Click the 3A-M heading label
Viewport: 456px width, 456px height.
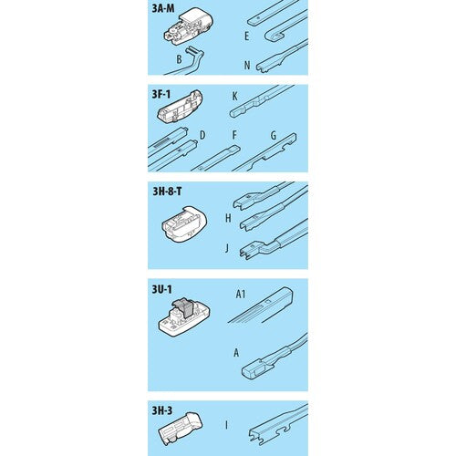[163, 8]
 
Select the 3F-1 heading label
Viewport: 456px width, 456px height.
[161, 94]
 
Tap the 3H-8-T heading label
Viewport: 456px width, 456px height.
[167, 192]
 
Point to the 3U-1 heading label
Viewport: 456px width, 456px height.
[161, 289]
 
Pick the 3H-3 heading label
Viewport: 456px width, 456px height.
[162, 410]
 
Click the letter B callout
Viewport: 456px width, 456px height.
[179, 59]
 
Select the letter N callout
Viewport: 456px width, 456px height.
[247, 65]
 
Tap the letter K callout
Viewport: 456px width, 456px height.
[234, 97]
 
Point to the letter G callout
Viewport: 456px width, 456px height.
[274, 136]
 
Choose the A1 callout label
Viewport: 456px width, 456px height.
[241, 294]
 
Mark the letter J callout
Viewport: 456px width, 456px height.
[227, 248]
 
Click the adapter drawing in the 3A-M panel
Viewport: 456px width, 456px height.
[189, 26]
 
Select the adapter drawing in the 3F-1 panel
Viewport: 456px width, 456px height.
[180, 106]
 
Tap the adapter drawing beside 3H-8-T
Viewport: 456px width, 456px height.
[184, 224]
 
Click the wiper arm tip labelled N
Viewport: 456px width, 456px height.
[282, 57]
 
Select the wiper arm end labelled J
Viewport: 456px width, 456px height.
[274, 240]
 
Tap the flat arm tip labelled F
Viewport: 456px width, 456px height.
[216, 158]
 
